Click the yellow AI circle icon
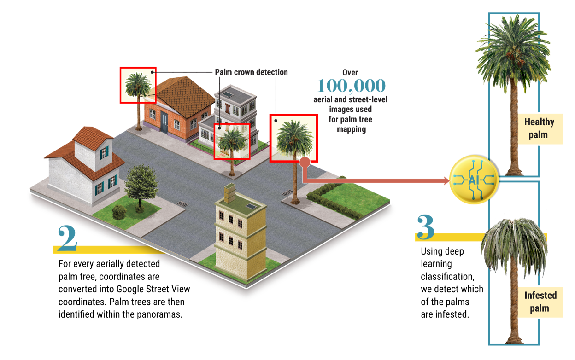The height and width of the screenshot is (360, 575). pos(473,180)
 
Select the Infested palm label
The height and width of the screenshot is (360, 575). pos(540,302)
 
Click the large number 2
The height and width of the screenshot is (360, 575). pos(67,238)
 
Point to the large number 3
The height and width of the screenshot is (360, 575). pos(425,227)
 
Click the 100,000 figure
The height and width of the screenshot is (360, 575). pos(351,86)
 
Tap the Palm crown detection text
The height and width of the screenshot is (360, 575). pos(251,72)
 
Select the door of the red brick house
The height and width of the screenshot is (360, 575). pos(164,122)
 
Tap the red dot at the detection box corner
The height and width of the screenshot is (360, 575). pos(304,162)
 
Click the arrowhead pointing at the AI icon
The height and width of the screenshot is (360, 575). pos(446,181)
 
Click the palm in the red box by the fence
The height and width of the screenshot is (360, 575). pos(232,140)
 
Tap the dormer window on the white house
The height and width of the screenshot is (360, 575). pos(105,151)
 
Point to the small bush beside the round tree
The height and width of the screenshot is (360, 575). pos(119,212)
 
